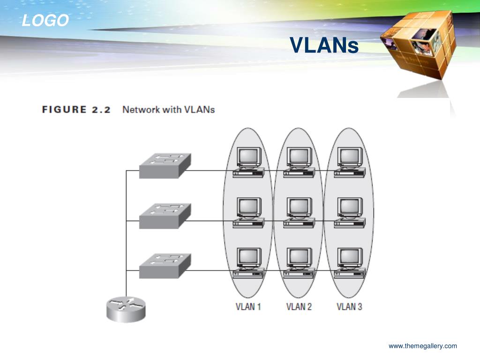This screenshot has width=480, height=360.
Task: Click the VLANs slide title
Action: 324,45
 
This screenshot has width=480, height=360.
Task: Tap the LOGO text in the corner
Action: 45,21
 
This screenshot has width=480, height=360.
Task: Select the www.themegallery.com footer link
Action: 422,346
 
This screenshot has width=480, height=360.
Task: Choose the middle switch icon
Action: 165,216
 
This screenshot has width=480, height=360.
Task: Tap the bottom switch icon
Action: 165,266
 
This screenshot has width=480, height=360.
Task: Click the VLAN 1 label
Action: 248,307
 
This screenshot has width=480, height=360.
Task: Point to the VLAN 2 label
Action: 299,307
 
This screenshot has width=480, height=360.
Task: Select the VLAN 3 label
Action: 349,307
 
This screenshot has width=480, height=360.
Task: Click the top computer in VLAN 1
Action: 248,162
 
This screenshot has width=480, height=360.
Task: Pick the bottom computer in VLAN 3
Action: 350,262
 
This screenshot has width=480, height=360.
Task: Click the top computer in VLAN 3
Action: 350,162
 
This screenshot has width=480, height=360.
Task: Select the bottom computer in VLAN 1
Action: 248,262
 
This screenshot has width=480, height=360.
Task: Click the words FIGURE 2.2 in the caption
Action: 76,110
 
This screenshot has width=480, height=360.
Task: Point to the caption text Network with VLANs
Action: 168,110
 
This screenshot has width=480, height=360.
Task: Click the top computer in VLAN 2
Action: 299,162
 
